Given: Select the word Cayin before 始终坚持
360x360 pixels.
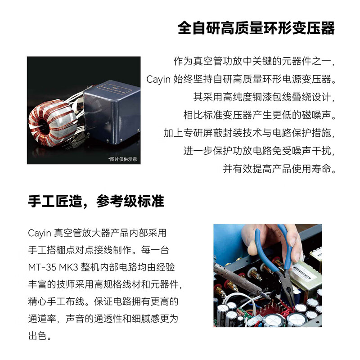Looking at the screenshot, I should click(x=158, y=80).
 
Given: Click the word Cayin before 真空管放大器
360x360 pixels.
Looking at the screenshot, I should click(x=40, y=233).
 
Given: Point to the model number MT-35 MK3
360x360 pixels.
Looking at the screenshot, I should click(x=53, y=268).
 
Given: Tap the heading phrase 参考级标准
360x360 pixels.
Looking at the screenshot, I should click(x=130, y=201).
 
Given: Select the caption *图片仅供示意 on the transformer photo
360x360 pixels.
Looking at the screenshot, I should click(x=122, y=159).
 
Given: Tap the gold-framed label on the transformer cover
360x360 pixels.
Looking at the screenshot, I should click(x=108, y=86).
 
